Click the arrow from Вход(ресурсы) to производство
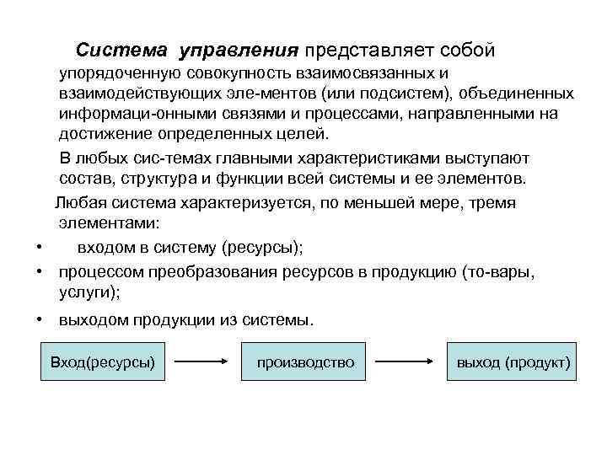202,362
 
